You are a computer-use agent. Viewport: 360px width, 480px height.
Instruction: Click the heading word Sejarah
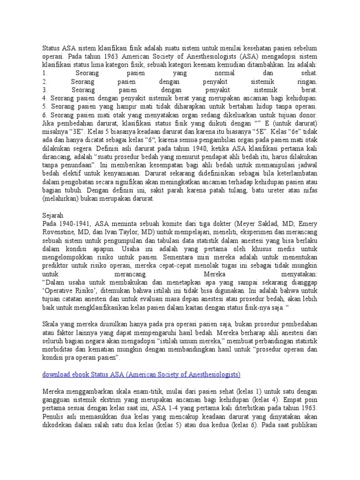coord(53,215)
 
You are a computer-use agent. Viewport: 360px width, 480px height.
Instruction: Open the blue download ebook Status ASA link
coord(141,375)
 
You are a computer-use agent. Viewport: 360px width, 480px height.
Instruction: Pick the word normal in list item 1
coord(224,73)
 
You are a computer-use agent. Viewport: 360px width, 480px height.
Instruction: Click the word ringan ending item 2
coord(306,82)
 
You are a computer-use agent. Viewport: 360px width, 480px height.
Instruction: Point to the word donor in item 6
coord(307,114)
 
